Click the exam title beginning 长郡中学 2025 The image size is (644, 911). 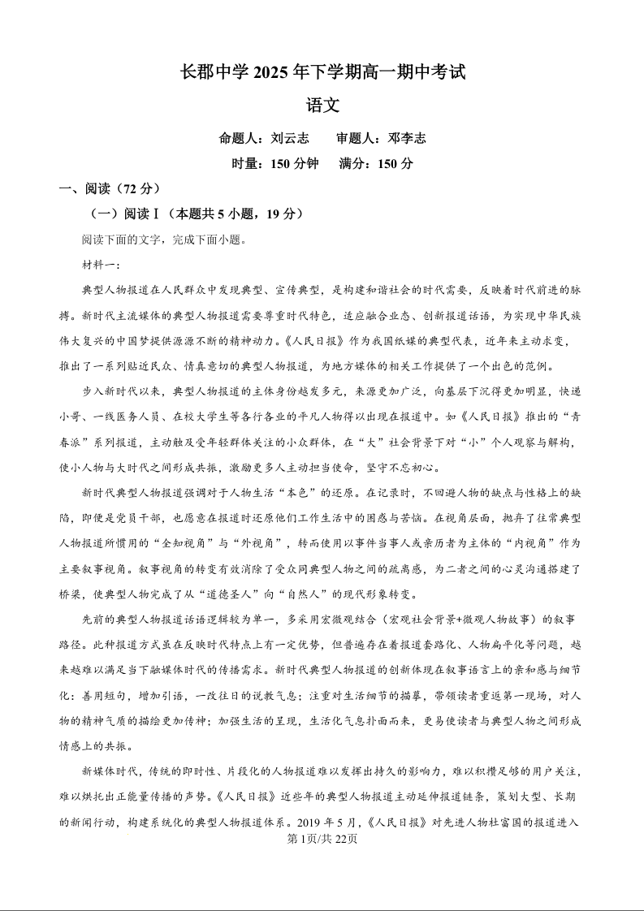click(322, 72)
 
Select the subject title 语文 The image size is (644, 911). click(322, 105)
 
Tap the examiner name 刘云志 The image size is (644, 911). click(289, 138)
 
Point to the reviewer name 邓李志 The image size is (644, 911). click(407, 138)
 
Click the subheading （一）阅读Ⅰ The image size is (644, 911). click(130, 214)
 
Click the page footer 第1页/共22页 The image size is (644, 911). click(322, 839)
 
